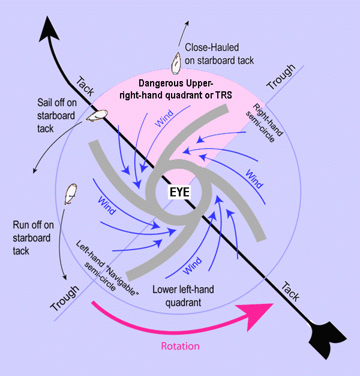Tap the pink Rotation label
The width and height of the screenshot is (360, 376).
[180, 347]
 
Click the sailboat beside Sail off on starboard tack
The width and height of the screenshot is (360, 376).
[97, 115]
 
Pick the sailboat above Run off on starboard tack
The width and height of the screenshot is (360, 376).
[71, 192]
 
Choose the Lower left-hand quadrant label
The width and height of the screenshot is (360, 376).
[183, 295]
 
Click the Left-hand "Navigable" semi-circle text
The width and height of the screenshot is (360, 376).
[108, 264]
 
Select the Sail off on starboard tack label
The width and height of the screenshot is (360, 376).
[53, 114]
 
